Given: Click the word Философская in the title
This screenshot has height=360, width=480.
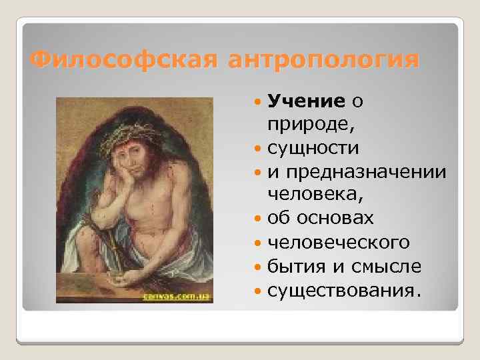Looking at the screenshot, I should [x=124, y=60].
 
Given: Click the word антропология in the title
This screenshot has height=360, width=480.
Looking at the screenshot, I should [x=324, y=60].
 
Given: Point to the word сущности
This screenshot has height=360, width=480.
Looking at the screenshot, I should [x=312, y=147].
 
